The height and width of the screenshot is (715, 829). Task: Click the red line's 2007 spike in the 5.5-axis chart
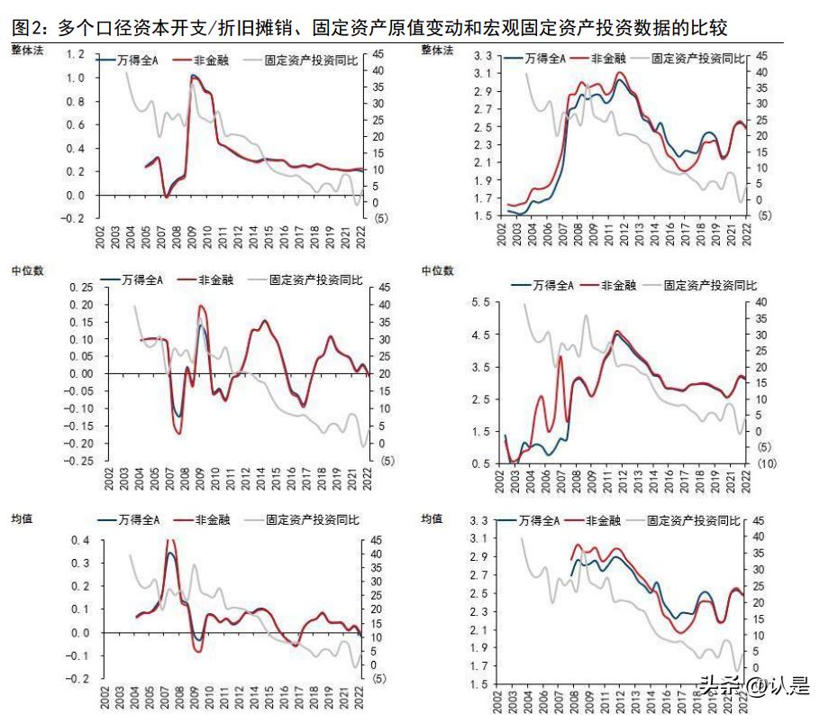560,357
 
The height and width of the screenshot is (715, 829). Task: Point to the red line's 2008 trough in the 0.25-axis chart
178,434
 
